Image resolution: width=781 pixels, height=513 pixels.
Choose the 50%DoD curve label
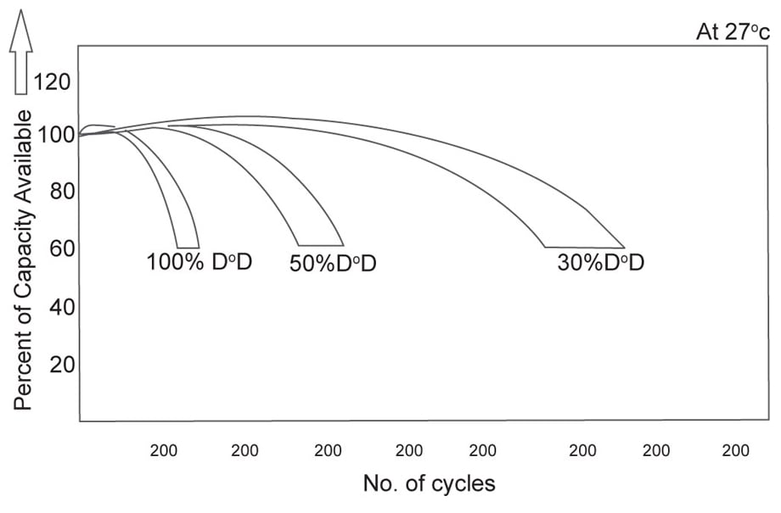[x=333, y=264]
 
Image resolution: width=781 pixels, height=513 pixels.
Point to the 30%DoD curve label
[x=601, y=263]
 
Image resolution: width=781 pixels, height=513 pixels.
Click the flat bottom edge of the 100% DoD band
[x=188, y=247]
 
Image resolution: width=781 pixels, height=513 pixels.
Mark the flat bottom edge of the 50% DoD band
[x=321, y=245]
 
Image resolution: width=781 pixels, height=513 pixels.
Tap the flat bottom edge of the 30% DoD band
[x=584, y=247]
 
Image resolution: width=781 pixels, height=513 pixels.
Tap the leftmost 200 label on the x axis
[x=164, y=451]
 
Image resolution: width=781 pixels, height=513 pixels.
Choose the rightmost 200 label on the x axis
[x=735, y=451]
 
